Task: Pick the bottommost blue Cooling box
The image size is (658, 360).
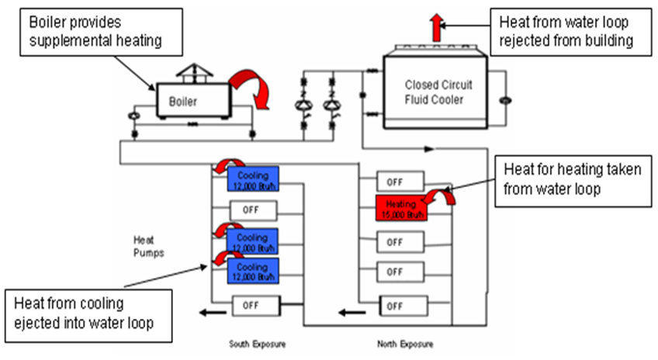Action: pos(253,269)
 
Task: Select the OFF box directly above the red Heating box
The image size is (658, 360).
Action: pos(400,182)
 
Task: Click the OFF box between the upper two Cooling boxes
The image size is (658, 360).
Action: pos(253,210)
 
